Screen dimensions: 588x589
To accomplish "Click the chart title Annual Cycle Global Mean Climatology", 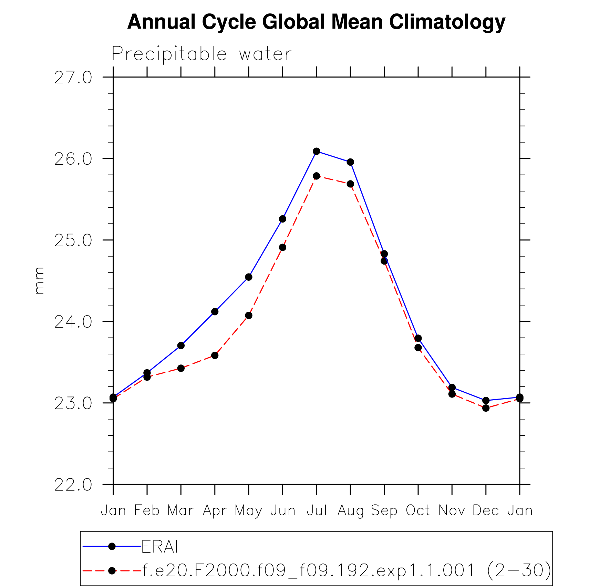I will click(x=316, y=22).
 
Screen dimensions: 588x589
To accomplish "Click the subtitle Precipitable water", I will click(x=202, y=54).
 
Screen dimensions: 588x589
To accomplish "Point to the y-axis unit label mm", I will click(x=39, y=280).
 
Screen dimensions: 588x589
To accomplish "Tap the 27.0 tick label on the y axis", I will click(x=73, y=78).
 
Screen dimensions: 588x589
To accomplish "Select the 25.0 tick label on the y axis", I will click(x=73, y=240).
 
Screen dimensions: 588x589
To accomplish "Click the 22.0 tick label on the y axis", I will click(x=73, y=485).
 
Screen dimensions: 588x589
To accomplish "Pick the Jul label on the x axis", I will click(x=317, y=510).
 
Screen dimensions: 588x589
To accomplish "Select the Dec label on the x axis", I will click(x=486, y=510).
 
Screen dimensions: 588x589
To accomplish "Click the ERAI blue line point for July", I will click(x=317, y=151).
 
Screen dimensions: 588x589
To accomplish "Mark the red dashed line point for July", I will click(x=317, y=176).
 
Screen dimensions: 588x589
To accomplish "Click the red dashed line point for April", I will click(x=215, y=355).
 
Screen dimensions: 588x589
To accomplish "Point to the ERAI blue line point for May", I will click(x=249, y=277).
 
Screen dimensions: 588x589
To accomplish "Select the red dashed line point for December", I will click(x=486, y=408).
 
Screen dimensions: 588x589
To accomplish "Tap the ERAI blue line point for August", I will click(x=350, y=162).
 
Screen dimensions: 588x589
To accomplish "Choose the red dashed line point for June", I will click(x=282, y=247).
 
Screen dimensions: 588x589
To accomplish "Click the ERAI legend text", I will click(x=160, y=547).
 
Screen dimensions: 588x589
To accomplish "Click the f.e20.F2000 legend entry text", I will click(x=347, y=571).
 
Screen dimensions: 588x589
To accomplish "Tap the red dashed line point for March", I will click(x=181, y=368).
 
